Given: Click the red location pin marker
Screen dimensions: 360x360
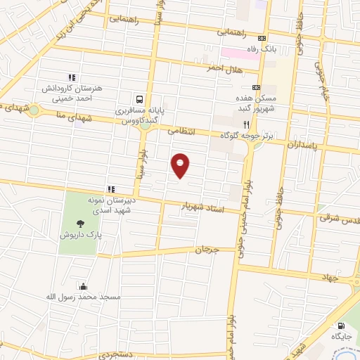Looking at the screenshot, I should (181, 165).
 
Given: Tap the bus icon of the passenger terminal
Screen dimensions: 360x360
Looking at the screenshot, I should (140, 100).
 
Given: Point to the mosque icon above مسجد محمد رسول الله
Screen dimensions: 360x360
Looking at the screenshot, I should (83, 285).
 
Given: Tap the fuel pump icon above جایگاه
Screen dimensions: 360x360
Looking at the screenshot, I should (341, 326).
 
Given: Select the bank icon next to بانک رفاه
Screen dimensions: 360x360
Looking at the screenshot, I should (262, 39).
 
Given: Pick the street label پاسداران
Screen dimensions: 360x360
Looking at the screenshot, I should (303, 144).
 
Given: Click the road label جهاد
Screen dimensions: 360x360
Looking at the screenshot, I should (330, 277).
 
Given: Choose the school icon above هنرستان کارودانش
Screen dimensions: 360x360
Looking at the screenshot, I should (71, 77).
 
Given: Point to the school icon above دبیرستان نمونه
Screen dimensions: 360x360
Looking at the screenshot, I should (110, 188).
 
